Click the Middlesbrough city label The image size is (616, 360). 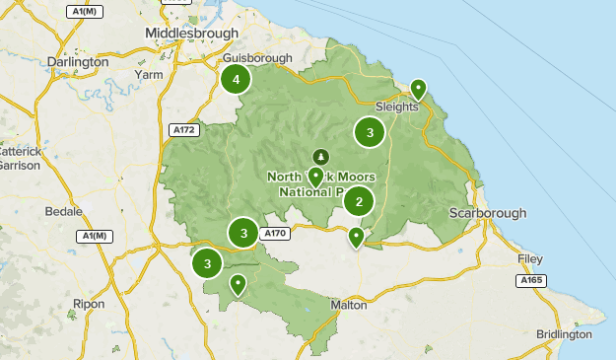click(191, 33)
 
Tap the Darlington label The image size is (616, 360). click(78, 61)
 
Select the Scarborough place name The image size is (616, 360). click(487, 213)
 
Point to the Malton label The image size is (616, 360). click(349, 306)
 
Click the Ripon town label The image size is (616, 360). click(88, 304)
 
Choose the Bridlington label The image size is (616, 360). click(564, 334)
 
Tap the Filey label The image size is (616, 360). click(530, 258)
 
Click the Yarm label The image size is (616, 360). click(149, 74)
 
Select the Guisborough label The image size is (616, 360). click(258, 58)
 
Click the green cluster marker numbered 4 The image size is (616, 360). click(236, 80)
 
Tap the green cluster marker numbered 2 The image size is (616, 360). click(359, 202)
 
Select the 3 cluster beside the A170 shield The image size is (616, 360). click(243, 234)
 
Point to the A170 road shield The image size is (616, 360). click(275, 234)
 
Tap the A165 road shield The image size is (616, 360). click(531, 281)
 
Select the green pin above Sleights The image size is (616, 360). click(418, 89)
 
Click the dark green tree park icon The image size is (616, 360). click(320, 157)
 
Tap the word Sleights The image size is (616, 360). click(397, 107)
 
